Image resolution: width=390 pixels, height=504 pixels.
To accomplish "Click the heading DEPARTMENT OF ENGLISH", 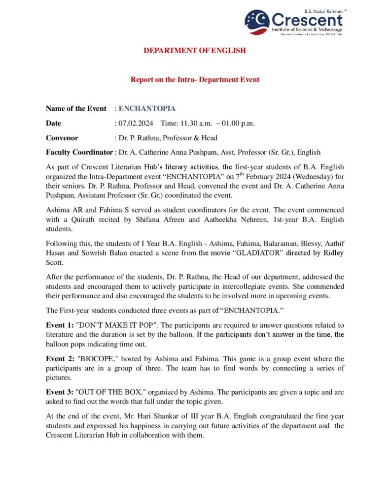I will pyautogui.click(x=194, y=50).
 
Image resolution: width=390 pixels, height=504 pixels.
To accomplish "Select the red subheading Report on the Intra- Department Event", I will pyautogui.click(x=195, y=79).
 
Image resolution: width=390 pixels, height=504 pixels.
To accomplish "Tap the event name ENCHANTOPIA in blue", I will pyautogui.click(x=147, y=108).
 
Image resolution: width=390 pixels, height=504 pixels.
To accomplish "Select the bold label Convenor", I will pyautogui.click(x=62, y=138).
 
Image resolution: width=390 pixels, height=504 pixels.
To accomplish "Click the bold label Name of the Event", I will pyautogui.click(x=76, y=108).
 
